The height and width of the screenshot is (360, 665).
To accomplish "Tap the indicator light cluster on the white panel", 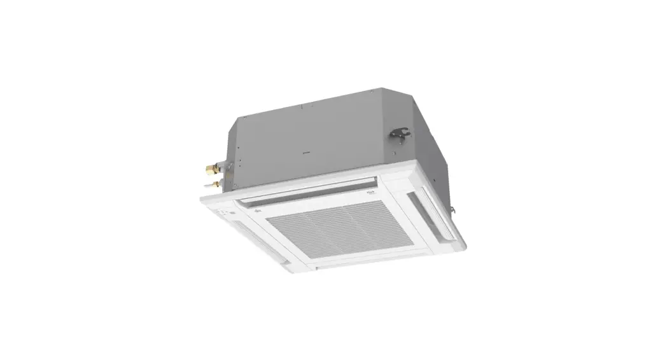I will coord(222,209).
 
